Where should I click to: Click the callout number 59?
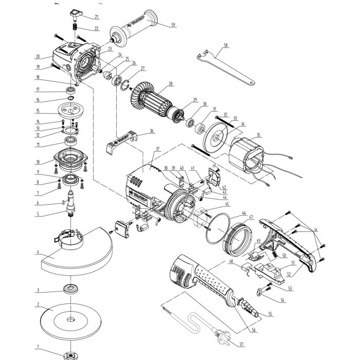click(173, 24)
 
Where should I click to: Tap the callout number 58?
click(225, 46)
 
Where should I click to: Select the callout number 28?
click(170, 83)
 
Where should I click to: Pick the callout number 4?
click(38, 252)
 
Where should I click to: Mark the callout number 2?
click(38, 304)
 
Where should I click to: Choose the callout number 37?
click(157, 149)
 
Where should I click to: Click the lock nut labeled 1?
click(68, 354)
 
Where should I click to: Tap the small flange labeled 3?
click(69, 289)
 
